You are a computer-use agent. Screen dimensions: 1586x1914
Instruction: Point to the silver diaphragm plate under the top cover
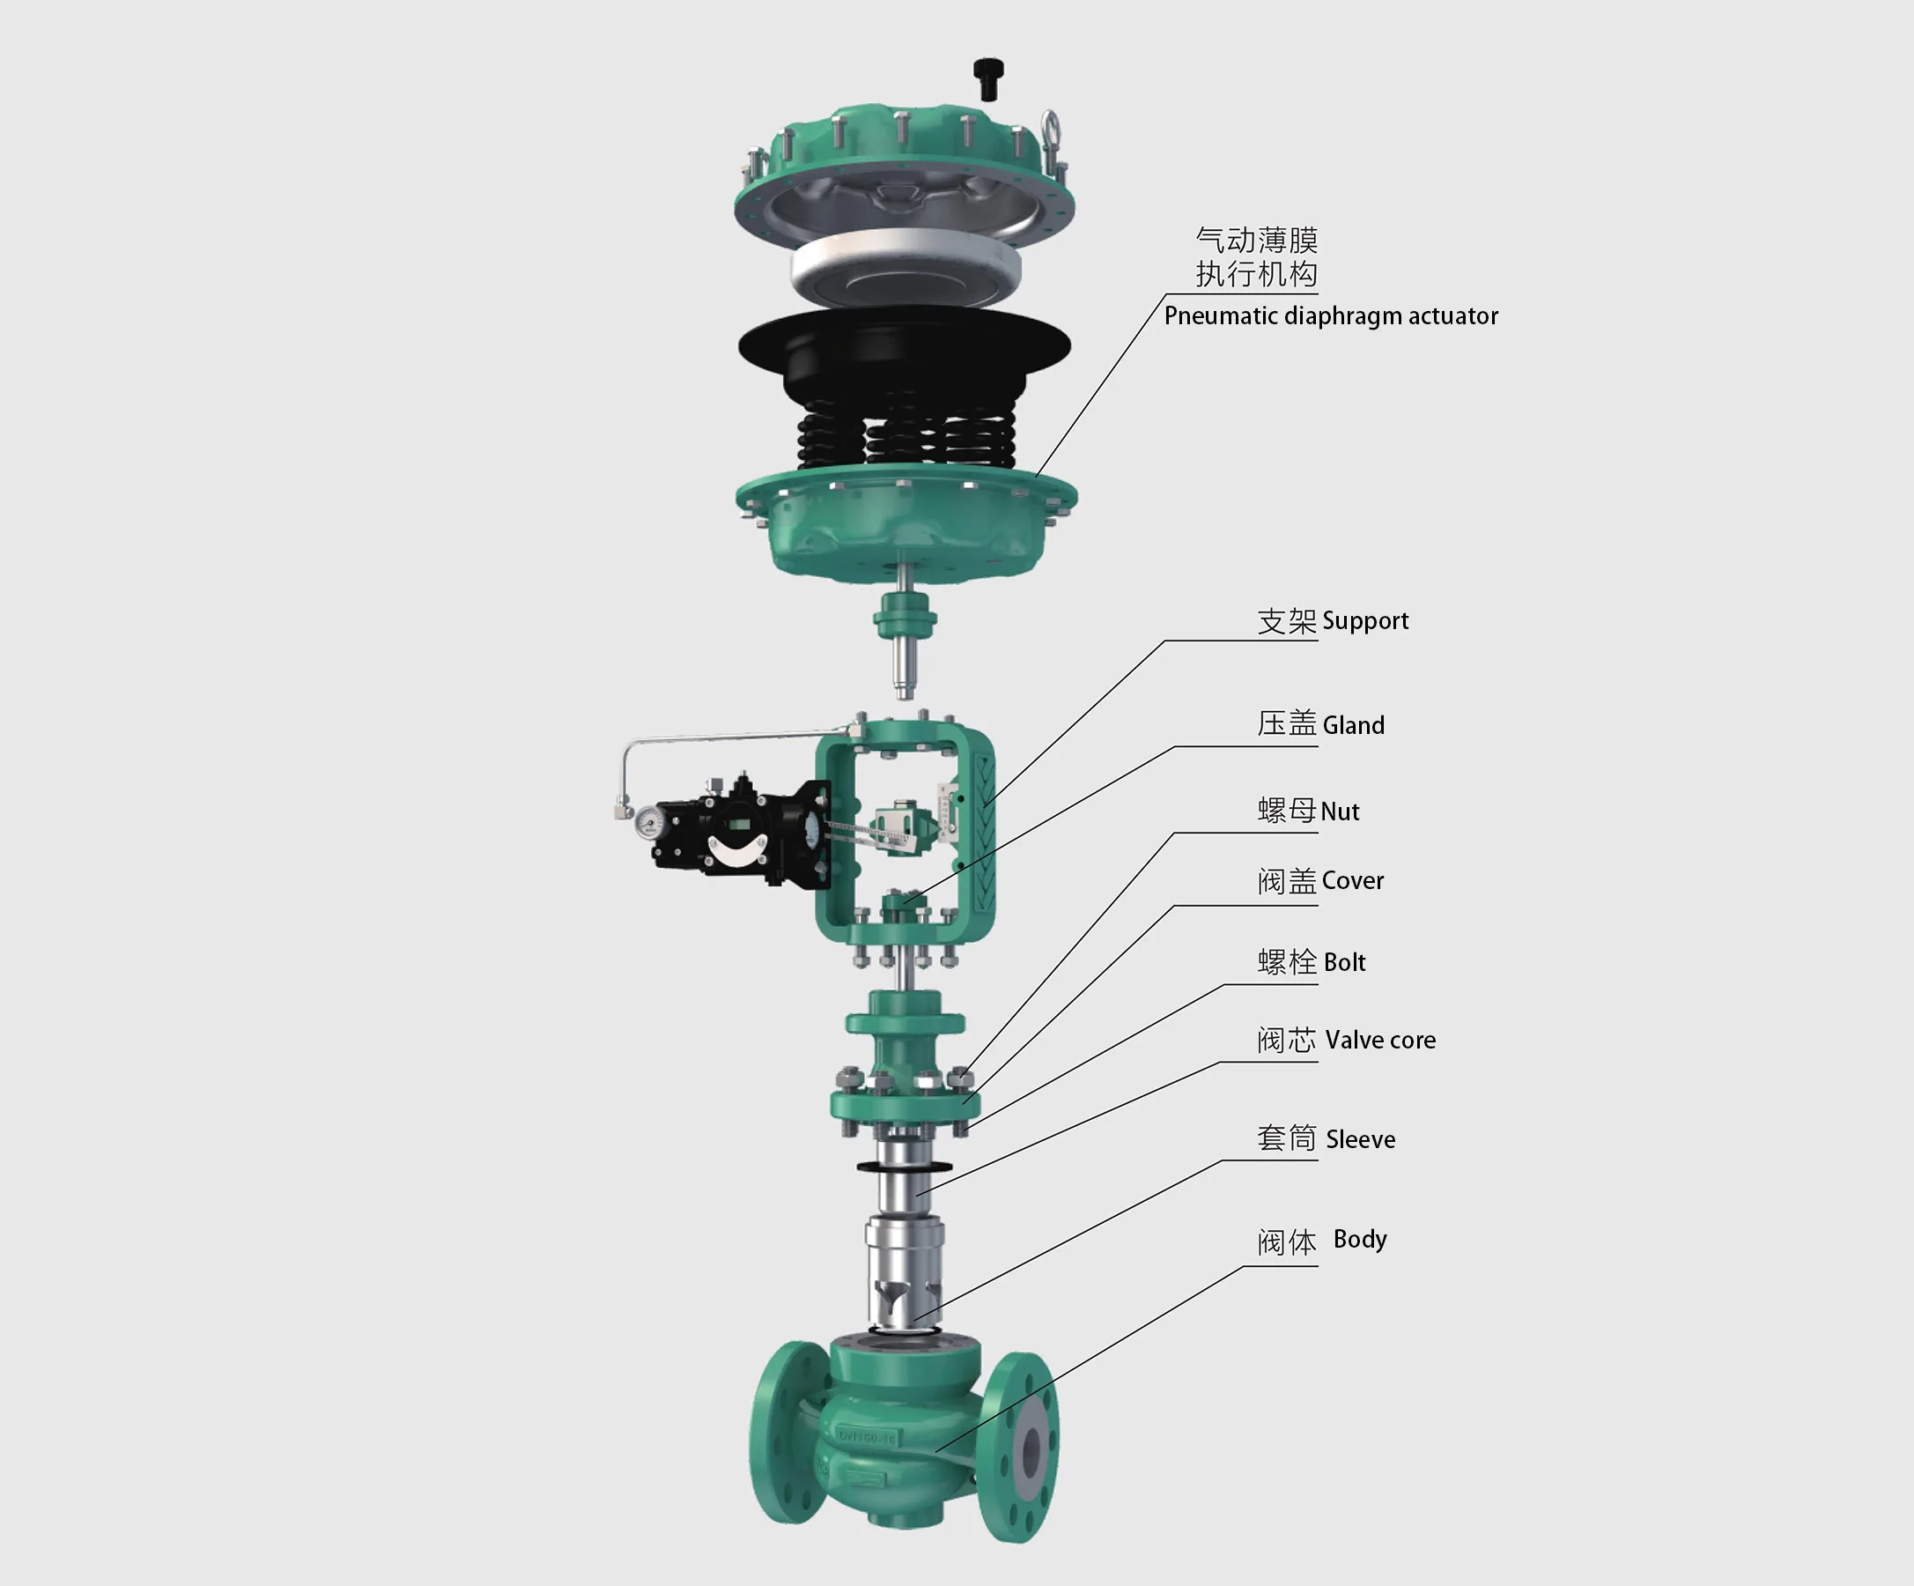[x=905, y=263]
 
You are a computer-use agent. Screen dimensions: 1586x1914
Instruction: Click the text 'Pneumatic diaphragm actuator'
[x=1330, y=316]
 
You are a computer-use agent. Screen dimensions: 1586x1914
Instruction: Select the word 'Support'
[x=1364, y=620]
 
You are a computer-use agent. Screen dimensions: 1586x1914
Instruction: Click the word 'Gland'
[x=1353, y=725]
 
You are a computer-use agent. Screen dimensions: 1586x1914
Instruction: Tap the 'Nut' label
[x=1339, y=812]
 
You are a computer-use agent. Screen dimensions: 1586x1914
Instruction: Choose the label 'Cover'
[x=1352, y=880]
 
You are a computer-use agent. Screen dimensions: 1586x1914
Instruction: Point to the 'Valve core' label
[x=1380, y=1040]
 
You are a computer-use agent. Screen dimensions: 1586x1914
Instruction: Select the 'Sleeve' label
[x=1360, y=1139]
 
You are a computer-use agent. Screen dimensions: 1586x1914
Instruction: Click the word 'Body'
[x=1359, y=1240]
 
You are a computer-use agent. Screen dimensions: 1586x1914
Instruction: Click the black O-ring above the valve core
[x=903, y=1167]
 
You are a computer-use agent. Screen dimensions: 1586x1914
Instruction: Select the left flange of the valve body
[x=789, y=1431]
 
